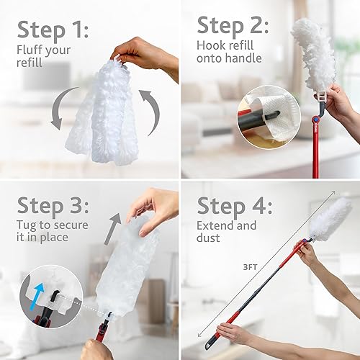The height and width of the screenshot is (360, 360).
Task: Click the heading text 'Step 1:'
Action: pyautogui.click(x=53, y=30)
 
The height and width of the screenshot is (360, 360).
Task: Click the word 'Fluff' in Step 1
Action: pyautogui.click(x=30, y=50)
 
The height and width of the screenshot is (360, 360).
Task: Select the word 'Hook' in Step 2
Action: pyautogui.click(x=211, y=45)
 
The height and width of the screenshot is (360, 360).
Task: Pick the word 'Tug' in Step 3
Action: pyautogui.click(x=27, y=226)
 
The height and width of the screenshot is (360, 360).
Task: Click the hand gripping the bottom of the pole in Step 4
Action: pyautogui.click(x=234, y=333)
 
